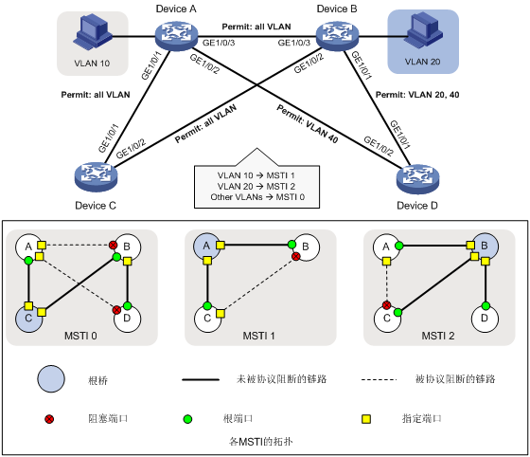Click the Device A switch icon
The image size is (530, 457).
(176, 35)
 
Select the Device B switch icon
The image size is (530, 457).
(337, 35)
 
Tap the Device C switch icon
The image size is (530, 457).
(96, 177)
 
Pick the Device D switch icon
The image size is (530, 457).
(417, 179)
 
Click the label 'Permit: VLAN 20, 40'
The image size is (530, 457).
(417, 95)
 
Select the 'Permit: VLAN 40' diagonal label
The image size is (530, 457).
(308, 123)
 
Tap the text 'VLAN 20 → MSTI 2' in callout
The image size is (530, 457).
(256, 186)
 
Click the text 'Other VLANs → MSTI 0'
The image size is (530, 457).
(257, 197)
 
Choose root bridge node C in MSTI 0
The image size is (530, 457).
(28, 319)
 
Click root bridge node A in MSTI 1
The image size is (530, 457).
(206, 247)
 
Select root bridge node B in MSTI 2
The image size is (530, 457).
(485, 247)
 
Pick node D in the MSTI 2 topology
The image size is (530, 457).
(485, 319)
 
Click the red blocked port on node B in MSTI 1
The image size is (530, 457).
(295, 256)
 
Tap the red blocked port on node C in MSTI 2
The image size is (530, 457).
(387, 305)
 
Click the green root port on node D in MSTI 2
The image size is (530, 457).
(486, 306)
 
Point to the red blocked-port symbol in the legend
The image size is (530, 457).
(49, 419)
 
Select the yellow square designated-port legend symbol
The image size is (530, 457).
(366, 419)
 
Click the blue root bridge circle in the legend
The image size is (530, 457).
(51, 379)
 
